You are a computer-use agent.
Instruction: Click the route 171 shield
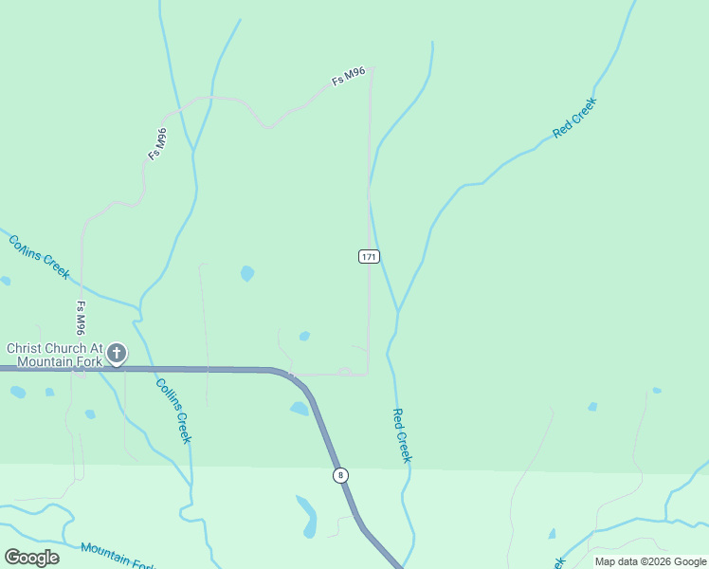(x=370, y=257)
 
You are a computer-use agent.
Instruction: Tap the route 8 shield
(x=340, y=474)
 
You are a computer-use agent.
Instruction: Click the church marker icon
(x=117, y=354)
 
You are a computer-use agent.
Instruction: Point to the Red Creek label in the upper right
(x=574, y=118)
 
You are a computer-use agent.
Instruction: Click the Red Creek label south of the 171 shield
(x=402, y=435)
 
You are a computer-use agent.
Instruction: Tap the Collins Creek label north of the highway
(x=39, y=256)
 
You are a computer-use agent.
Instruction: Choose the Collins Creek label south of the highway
(x=173, y=411)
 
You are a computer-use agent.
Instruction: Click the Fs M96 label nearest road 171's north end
(x=349, y=77)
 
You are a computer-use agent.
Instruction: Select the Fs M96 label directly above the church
(x=82, y=319)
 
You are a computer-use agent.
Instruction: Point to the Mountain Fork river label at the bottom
(x=118, y=556)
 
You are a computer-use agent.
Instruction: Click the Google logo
(x=31, y=557)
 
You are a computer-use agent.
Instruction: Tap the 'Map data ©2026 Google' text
(x=650, y=561)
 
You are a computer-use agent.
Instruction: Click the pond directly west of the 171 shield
(x=247, y=273)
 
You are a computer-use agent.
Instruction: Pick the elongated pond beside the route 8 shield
(x=308, y=515)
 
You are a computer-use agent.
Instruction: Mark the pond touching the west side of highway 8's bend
(x=300, y=409)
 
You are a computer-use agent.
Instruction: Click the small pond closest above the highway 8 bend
(x=304, y=336)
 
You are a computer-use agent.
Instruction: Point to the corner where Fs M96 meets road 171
(x=372, y=67)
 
